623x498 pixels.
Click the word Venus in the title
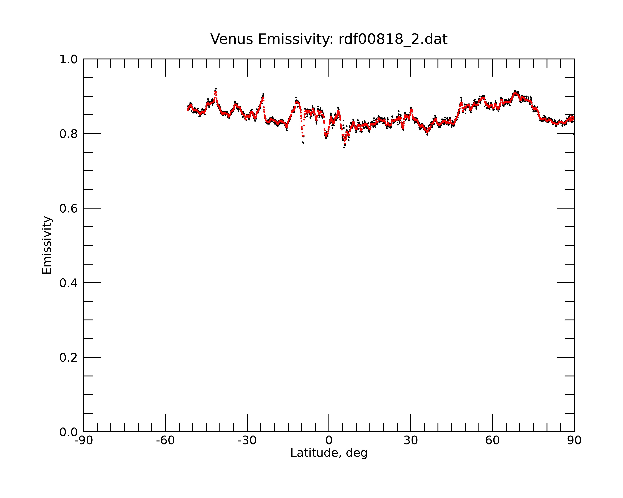[232, 39]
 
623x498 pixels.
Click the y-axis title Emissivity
[47, 245]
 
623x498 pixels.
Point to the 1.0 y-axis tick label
[69, 59]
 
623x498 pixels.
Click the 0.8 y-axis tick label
[69, 134]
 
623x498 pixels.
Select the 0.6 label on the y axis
[69, 208]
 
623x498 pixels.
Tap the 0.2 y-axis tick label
[69, 358]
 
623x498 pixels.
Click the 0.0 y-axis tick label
[69, 432]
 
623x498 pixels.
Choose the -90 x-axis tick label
[83, 441]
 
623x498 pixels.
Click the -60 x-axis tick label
[165, 441]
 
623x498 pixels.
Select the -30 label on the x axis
[247, 441]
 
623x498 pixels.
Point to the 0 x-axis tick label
[329, 441]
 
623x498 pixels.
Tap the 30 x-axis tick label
[411, 441]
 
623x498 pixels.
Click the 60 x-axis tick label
[492, 441]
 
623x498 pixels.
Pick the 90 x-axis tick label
[574, 441]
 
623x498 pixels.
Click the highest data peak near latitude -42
[216, 89]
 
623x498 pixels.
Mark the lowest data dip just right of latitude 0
[344, 147]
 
